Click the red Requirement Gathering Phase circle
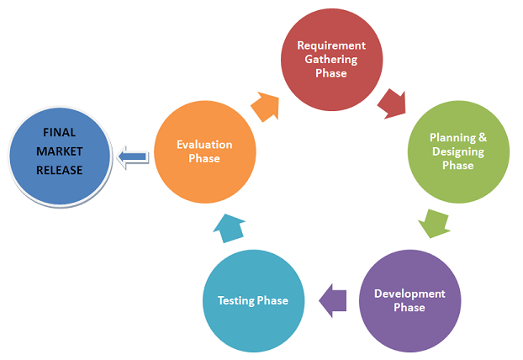click(x=330, y=58)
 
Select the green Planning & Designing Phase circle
click(x=458, y=151)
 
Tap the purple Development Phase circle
click(x=409, y=300)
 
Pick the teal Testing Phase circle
click(x=253, y=300)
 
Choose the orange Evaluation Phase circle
click(x=204, y=151)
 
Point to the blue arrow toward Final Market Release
click(x=133, y=156)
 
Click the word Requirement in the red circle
click(x=330, y=45)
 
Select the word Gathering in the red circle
click(x=330, y=59)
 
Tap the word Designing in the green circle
click(x=458, y=151)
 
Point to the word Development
click(x=409, y=294)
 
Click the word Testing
click(x=236, y=300)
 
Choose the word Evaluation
click(x=204, y=145)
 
